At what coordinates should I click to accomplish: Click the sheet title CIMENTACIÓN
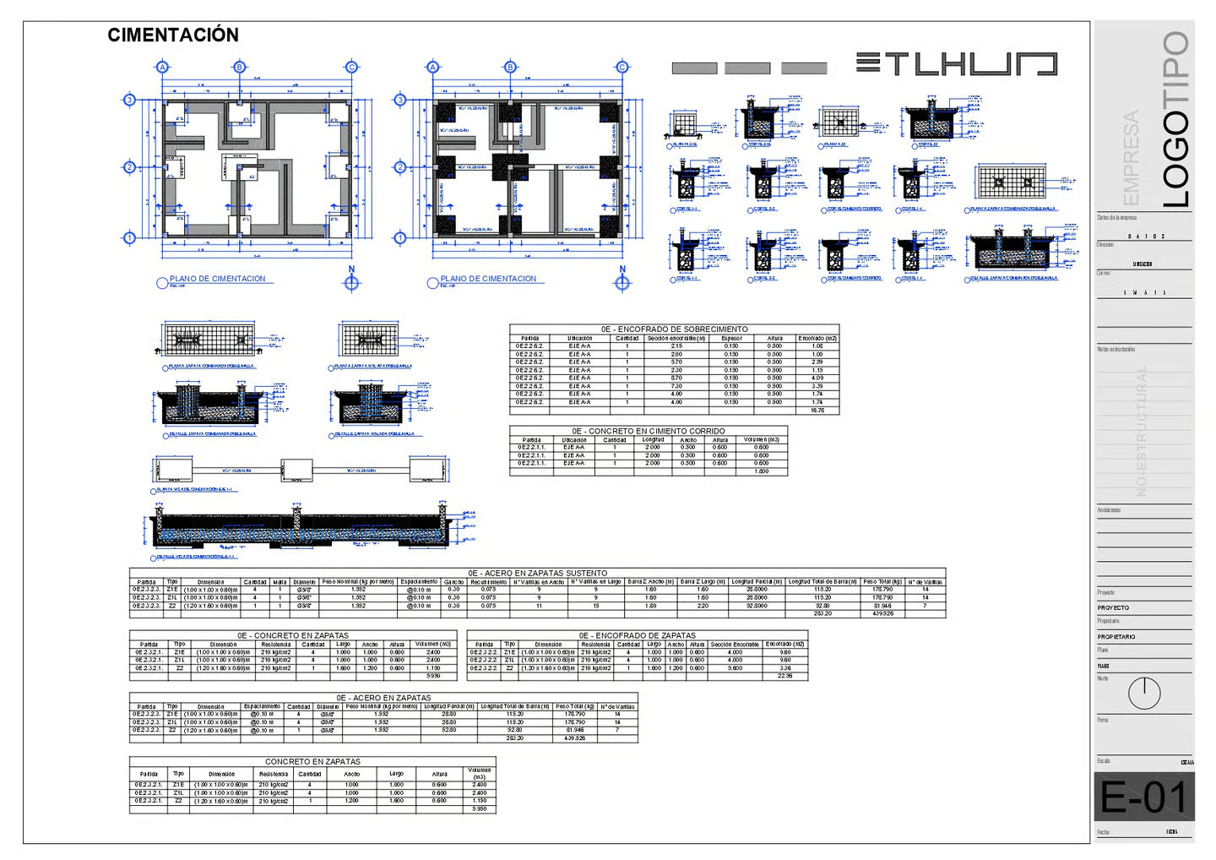[x=173, y=35]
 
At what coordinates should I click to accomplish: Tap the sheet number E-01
[x=1143, y=797]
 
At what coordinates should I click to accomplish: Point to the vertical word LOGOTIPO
[x=1175, y=119]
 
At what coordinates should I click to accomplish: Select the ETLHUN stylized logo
[x=956, y=64]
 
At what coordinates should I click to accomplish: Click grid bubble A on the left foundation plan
[x=163, y=67]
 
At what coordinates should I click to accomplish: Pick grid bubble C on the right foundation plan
[x=622, y=67]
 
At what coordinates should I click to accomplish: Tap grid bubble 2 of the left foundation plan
[x=129, y=167]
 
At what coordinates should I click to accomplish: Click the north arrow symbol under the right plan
[x=622, y=282]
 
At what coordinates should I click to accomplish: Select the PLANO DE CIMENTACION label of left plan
[x=217, y=279]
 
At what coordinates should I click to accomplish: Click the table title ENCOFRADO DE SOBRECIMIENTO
[x=674, y=329]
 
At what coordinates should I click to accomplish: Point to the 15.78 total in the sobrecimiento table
[x=817, y=411]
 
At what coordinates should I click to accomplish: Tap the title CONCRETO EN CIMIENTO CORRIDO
[x=648, y=431]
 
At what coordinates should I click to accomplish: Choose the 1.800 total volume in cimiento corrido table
[x=761, y=471]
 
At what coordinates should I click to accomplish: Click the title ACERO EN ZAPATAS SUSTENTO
[x=537, y=573]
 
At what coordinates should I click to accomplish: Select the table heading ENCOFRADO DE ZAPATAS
[x=637, y=635]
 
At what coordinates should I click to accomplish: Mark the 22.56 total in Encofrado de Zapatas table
[x=784, y=676]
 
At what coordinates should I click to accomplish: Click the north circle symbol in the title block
[x=1143, y=694]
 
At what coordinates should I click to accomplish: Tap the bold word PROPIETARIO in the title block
[x=1116, y=636]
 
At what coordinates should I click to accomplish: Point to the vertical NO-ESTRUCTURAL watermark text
[x=1142, y=431]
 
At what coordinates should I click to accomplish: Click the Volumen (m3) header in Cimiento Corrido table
[x=761, y=439]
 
